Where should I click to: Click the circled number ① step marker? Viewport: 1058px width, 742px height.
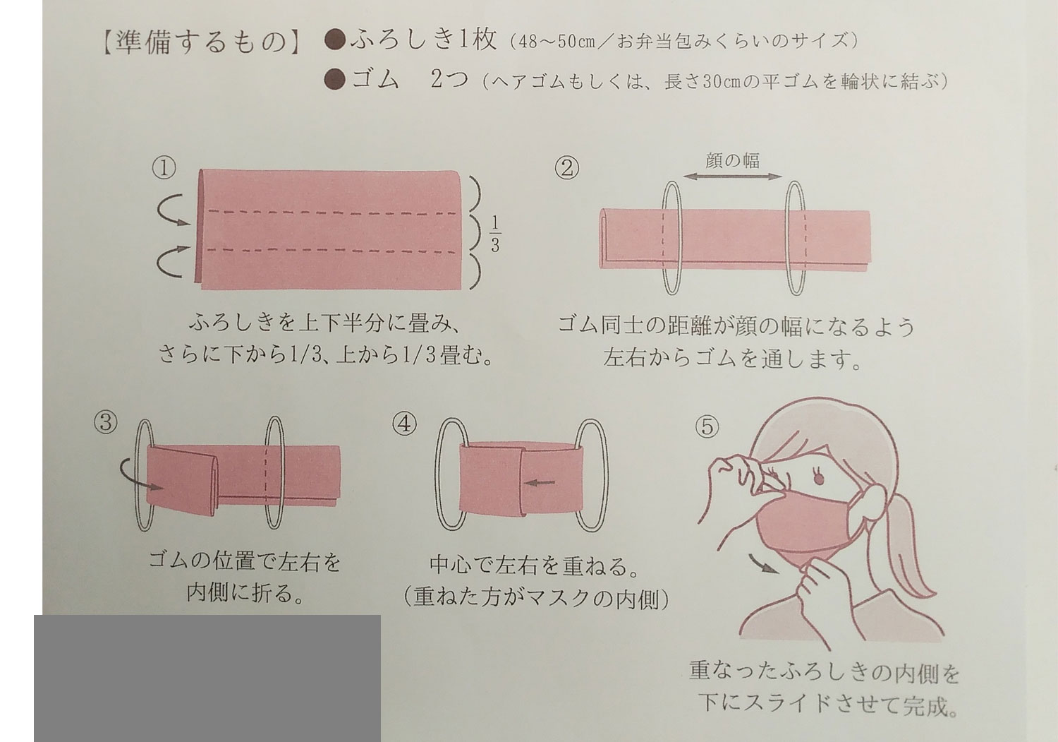click(x=164, y=168)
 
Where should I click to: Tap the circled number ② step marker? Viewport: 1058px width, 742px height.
click(x=567, y=168)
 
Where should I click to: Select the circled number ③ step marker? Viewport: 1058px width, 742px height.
click(x=106, y=422)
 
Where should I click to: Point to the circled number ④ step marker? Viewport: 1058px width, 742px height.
click(x=405, y=424)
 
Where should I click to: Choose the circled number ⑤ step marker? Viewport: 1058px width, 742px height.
click(x=707, y=427)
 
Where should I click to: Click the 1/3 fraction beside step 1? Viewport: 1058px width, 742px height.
click(x=494, y=234)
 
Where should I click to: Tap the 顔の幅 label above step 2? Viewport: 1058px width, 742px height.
click(x=733, y=161)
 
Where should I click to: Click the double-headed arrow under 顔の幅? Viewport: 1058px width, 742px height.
click(x=733, y=177)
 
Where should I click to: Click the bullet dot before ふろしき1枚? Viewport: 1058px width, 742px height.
click(x=335, y=40)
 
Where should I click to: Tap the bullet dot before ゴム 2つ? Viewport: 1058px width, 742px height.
click(x=335, y=80)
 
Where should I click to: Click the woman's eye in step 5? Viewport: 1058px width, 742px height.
click(x=818, y=478)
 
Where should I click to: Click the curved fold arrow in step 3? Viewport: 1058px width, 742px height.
click(x=140, y=475)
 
